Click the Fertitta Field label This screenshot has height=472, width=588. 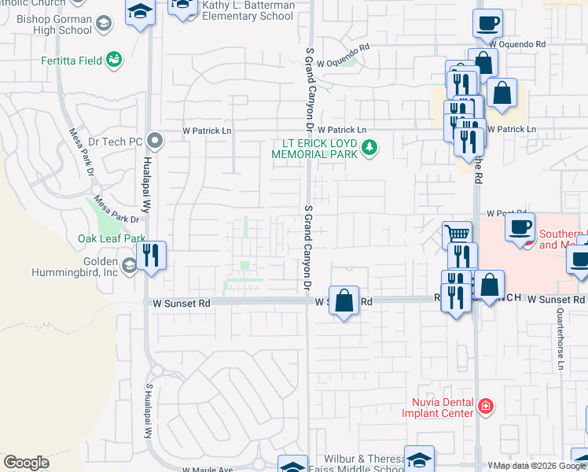[x=76, y=58]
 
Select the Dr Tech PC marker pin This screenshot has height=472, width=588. [x=155, y=142]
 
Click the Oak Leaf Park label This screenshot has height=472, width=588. [x=111, y=238]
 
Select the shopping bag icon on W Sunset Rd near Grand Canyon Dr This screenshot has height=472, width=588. [x=344, y=301]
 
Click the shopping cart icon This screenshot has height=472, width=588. [x=457, y=234]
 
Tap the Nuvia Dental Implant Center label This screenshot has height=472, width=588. [x=438, y=406]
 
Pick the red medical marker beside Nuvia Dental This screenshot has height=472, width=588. [x=487, y=407]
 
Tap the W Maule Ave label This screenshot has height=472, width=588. [x=208, y=469]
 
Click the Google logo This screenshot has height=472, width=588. [x=26, y=463]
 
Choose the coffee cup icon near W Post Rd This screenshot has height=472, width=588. [x=519, y=228]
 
